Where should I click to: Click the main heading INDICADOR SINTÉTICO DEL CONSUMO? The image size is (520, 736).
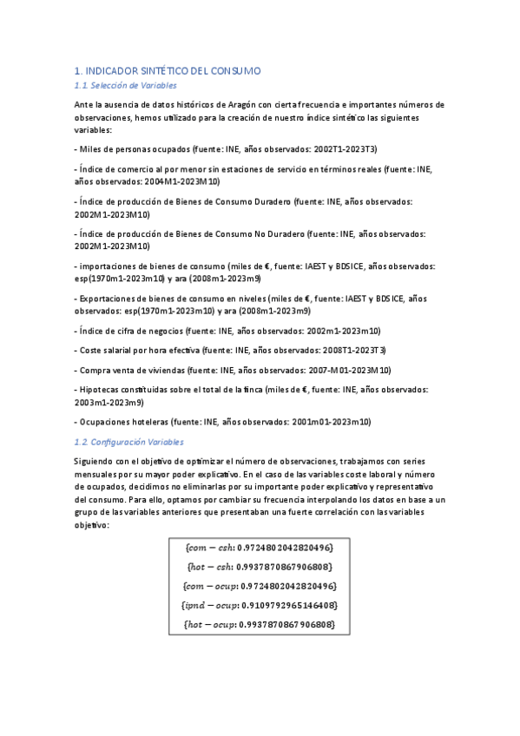167,70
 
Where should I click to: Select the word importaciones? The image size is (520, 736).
109,266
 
